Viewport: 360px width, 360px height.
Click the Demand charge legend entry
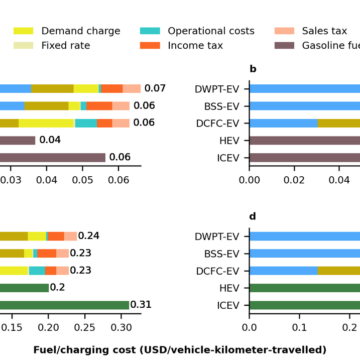80,31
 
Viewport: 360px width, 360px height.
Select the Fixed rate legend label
65,46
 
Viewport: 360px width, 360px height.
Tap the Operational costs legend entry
211,31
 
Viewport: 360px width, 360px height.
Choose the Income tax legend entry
195,46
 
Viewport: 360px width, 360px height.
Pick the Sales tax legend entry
324,31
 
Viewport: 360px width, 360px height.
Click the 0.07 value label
155,89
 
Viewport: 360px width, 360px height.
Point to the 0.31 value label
141,305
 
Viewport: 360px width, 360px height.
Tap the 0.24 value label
88,236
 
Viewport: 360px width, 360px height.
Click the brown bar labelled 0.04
18,140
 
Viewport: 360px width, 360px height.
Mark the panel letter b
253,69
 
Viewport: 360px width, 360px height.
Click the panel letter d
253,216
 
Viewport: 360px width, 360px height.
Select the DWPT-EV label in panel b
217,89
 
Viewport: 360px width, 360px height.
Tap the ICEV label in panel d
229,305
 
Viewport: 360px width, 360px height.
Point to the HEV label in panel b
229,141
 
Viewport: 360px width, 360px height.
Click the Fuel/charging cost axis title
180,349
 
